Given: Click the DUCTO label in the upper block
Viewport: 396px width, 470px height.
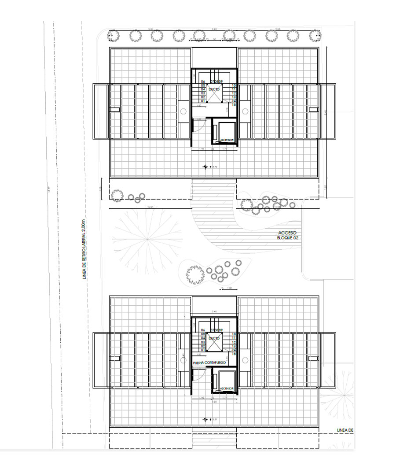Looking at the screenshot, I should tap(214, 89).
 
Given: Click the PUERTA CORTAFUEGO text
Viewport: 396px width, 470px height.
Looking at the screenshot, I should tap(209, 363).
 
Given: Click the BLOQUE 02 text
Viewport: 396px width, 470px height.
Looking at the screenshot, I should tap(288, 238).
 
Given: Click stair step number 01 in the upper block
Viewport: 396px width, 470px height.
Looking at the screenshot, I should tap(203, 101).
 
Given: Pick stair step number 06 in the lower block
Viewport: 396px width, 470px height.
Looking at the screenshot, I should tap(203, 330).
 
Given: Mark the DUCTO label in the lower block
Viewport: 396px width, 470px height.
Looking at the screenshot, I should tap(214, 338).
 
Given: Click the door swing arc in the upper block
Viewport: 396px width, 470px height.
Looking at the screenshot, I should tap(201, 125).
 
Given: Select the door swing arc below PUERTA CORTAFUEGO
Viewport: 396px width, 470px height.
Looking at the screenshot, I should tap(201, 373).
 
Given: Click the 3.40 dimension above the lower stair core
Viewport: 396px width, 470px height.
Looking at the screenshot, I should tap(214, 312).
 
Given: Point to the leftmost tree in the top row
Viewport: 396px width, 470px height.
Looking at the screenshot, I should tap(114, 35).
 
